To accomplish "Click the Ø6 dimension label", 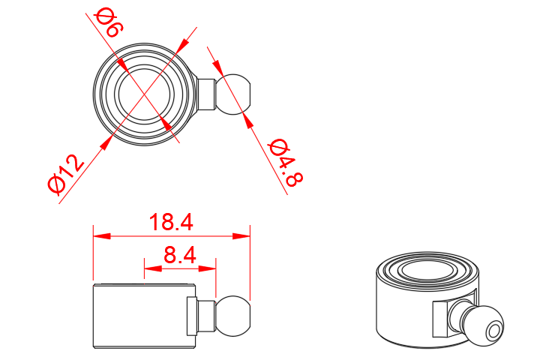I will [108, 23].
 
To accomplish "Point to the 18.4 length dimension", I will [171, 223].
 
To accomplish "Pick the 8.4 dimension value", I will [179, 256].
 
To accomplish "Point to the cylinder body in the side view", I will [139, 316].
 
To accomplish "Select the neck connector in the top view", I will [207, 94].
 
